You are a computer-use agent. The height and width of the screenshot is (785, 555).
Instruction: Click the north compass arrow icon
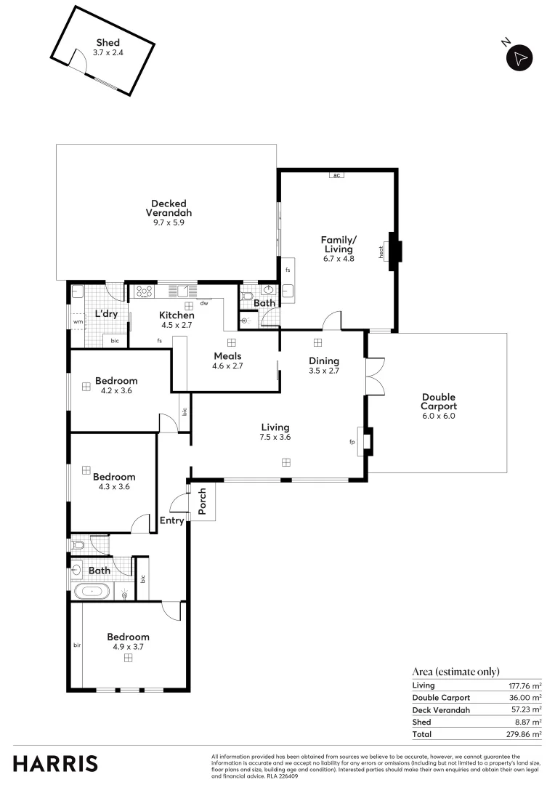click(519, 58)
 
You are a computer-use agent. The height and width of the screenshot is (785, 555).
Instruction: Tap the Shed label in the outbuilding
click(108, 43)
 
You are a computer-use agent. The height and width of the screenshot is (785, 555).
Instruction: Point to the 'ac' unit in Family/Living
click(337, 175)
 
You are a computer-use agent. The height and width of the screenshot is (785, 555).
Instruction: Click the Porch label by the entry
click(202, 502)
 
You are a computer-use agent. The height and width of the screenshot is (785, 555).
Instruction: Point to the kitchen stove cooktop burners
click(144, 292)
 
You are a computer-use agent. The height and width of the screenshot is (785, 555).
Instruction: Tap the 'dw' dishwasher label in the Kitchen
click(204, 303)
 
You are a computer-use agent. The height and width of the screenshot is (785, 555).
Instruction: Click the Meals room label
click(227, 355)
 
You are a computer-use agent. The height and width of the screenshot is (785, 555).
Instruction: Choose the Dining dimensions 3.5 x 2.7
click(323, 371)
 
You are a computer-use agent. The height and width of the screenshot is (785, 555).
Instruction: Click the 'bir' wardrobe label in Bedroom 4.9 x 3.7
click(76, 644)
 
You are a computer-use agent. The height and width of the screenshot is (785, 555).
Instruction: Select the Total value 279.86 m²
click(524, 734)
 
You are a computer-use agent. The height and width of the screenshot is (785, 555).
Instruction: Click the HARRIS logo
click(55, 763)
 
